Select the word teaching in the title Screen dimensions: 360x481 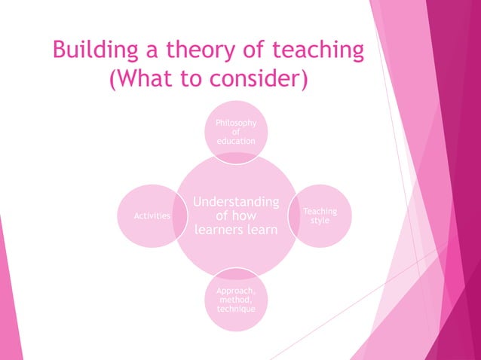pos(318,50)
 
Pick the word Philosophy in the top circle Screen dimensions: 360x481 pos(236,123)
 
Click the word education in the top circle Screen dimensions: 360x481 pos(236,141)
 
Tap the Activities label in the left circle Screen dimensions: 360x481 pos(152,216)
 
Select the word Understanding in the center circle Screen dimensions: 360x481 pos(236,202)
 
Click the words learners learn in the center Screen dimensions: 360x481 pos(236,230)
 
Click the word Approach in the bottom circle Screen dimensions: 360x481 pos(236,291)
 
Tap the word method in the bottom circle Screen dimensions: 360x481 pos(236,300)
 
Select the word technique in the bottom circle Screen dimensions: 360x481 pos(236,310)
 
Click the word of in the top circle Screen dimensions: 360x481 pos(236,132)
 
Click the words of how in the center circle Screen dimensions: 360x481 pos(236,216)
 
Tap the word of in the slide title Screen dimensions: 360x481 pos(249,50)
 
